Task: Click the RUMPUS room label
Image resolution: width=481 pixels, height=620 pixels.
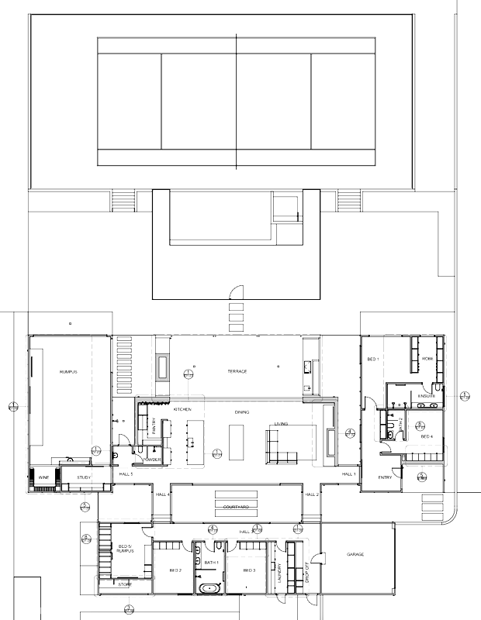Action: [70, 373]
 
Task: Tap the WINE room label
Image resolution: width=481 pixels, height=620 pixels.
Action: [44, 478]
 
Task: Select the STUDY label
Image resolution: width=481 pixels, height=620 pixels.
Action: [84, 478]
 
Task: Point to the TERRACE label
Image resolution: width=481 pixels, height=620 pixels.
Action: [237, 372]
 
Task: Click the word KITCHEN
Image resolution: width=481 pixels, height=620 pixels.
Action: [182, 408]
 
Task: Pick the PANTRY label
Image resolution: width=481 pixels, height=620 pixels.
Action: [154, 426]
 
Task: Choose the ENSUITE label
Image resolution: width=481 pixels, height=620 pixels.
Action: [427, 396]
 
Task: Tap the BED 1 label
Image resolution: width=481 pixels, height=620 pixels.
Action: [372, 360]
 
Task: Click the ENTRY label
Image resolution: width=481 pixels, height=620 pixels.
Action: [385, 477]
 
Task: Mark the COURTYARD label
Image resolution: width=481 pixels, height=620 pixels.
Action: [235, 508]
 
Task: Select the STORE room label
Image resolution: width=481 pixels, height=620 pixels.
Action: [125, 585]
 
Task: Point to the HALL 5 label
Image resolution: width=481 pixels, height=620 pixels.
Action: [126, 474]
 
